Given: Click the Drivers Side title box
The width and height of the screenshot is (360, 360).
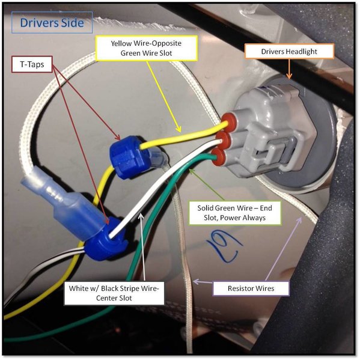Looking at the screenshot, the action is click(x=52, y=22).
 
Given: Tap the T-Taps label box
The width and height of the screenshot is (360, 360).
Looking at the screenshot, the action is click(x=32, y=64).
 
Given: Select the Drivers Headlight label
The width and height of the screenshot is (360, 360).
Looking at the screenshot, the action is click(x=289, y=52).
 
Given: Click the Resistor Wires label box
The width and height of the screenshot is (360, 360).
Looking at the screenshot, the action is click(x=251, y=288).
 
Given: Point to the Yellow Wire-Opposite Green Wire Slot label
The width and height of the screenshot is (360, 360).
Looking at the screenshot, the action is click(x=147, y=48).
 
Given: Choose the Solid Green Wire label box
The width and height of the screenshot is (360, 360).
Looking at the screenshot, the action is click(x=234, y=213).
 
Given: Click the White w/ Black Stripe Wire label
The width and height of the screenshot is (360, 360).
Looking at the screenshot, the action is click(x=114, y=293).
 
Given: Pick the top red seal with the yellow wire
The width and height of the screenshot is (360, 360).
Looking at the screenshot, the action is click(x=228, y=121).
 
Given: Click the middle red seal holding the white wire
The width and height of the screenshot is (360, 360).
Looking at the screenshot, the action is click(x=223, y=139).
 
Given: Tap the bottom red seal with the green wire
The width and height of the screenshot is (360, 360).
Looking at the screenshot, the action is click(x=218, y=157).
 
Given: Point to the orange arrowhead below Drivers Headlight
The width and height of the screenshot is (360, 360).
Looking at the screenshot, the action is click(x=289, y=76).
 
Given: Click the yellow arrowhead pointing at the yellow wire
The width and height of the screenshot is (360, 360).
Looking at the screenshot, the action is click(x=178, y=129).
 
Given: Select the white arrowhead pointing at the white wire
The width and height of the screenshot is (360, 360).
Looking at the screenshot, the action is click(x=141, y=216).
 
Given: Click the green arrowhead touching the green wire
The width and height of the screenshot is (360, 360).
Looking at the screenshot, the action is click(x=192, y=171).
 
